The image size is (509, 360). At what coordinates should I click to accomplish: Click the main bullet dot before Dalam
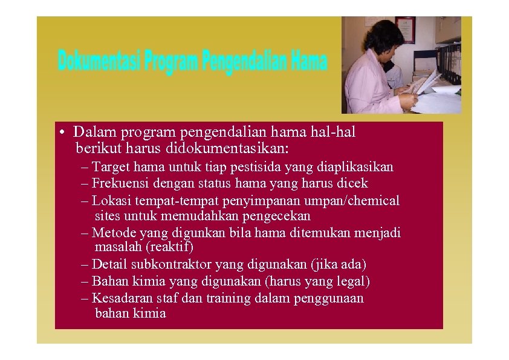62,132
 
